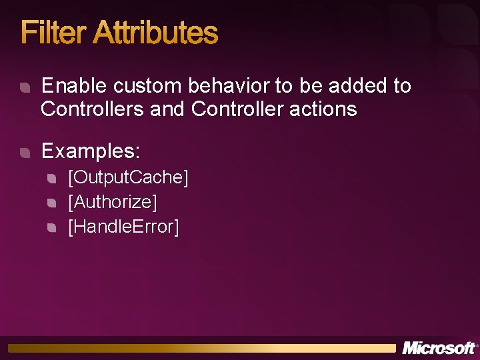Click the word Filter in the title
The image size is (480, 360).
pos(54,33)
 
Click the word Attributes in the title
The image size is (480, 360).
pos(155,33)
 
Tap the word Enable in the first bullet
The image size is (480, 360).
pos(74,85)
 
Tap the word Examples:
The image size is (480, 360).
pos(91,151)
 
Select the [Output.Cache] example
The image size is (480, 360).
pos(128,177)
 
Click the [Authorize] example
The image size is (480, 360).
pos(112,202)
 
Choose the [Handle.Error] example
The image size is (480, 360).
pos(123,227)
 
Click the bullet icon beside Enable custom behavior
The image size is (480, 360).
pos(25,87)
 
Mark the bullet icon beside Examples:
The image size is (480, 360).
pos(25,153)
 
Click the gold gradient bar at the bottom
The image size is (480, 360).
pos(200,348)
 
